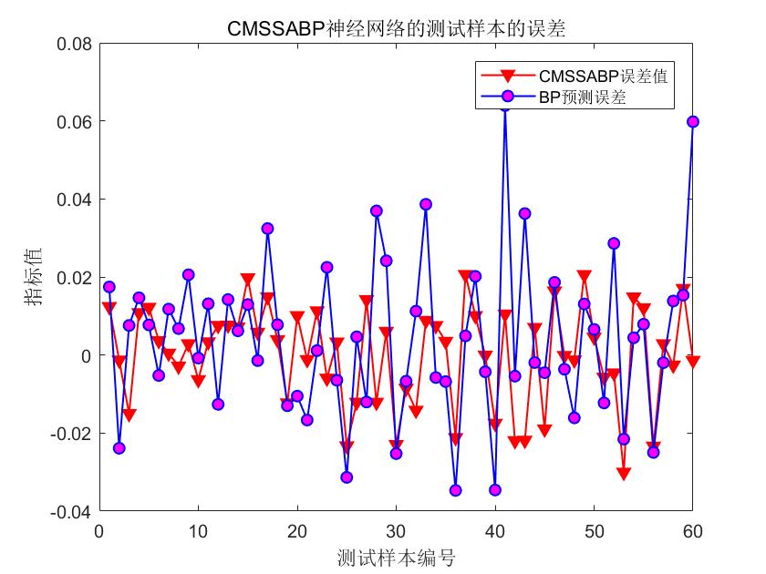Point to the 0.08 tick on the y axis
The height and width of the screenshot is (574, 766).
click(74, 43)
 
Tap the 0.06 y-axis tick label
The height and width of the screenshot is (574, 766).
click(74, 121)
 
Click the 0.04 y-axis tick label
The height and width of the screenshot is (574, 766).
click(74, 200)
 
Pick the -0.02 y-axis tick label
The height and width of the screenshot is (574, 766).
click(71, 434)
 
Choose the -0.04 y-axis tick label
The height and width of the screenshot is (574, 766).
click(71, 512)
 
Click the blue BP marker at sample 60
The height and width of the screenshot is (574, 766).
click(693, 121)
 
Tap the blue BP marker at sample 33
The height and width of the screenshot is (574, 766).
click(426, 204)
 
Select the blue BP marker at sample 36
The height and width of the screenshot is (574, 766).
click(455, 490)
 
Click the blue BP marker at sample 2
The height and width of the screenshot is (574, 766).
click(119, 448)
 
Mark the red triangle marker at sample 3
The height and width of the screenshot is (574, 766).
click(129, 415)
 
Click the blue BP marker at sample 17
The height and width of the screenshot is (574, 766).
click(267, 229)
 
